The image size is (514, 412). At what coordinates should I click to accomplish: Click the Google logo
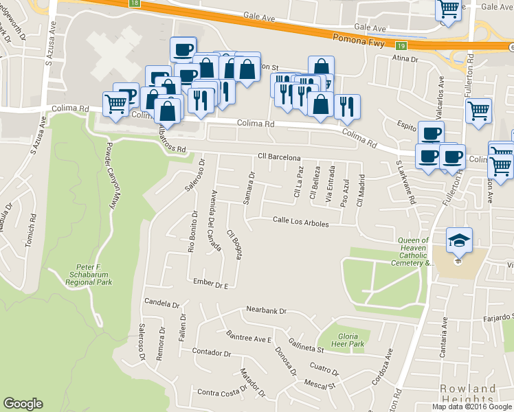coord(23,404)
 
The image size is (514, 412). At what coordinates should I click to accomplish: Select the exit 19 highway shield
coord(402,47)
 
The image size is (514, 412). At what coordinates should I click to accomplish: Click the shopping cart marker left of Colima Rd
coord(116,105)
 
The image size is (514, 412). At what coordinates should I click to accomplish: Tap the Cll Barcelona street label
coord(279,157)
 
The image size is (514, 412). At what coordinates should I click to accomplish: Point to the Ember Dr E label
coord(210,283)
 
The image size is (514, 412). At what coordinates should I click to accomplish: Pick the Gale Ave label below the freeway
coord(370,28)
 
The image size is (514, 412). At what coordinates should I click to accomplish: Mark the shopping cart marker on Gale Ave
coord(449,10)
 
